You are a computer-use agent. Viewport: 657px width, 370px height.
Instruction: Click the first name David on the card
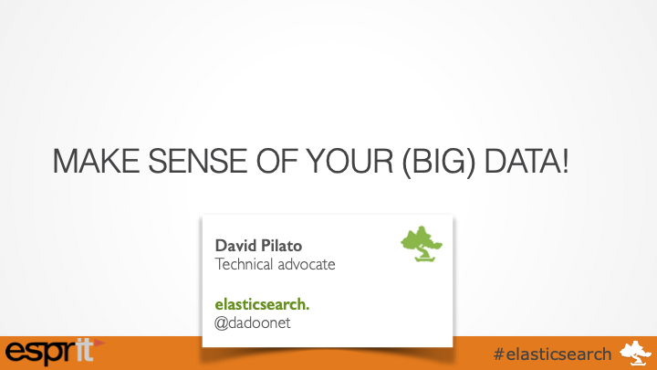pyautogui.click(x=233, y=246)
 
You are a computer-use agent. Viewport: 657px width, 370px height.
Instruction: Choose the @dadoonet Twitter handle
pyautogui.click(x=253, y=322)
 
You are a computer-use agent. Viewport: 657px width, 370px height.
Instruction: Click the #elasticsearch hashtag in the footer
pyautogui.click(x=551, y=353)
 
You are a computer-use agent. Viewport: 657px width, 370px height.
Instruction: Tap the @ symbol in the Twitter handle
pyautogui.click(x=221, y=322)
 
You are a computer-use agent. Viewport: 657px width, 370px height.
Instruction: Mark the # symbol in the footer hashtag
pyautogui.click(x=497, y=353)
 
